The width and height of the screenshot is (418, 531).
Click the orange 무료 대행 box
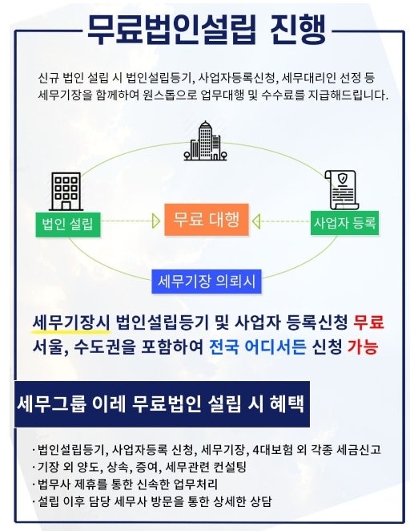pos(207,220)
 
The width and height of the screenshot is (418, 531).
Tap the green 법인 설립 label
pos(68,225)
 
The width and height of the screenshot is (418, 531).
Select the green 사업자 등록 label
pos(344,223)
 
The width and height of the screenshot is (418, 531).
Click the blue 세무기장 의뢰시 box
pos(207,281)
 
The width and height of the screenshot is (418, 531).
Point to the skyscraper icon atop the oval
pos(205,141)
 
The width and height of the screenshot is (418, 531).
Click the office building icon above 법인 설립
pos(66,192)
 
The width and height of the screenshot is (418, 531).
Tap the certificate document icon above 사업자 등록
pos(342,190)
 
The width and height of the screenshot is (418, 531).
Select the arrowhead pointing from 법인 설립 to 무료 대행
pos(156,221)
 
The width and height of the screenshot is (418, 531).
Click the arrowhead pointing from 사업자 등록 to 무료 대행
pos(256,221)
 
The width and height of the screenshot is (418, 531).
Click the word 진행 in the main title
pos(298,30)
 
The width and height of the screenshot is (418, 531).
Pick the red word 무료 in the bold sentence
pos(368,322)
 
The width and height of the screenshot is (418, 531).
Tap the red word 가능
pos(363,346)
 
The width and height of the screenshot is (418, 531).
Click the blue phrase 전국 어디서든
pos(258,346)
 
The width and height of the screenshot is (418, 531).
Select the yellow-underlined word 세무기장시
pos(71,322)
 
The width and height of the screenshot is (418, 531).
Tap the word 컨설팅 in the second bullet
pos(230,467)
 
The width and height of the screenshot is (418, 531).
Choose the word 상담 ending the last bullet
pos(260,501)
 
